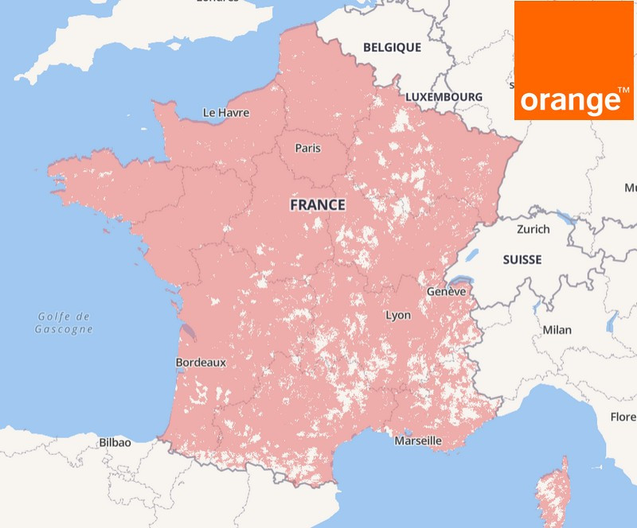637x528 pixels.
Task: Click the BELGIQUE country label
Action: [392, 48]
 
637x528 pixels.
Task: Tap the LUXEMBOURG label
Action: [444, 97]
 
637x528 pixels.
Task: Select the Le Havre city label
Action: [226, 113]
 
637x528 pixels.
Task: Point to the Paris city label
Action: [308, 148]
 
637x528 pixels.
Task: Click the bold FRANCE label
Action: [317, 205]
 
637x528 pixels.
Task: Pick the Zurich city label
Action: [533, 229]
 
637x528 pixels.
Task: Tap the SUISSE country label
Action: [522, 260]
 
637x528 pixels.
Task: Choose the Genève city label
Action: [445, 292]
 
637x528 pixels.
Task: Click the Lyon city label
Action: [398, 316]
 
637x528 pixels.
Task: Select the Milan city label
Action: [557, 330]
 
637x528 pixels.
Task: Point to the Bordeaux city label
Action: [201, 363]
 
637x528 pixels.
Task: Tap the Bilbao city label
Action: [115, 442]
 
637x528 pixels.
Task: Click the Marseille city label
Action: [418, 441]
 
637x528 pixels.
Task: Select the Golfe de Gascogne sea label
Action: [64, 323]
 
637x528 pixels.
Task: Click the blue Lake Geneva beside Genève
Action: [460, 281]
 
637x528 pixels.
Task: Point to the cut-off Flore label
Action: [623, 417]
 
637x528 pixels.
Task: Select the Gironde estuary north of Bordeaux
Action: [186, 330]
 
